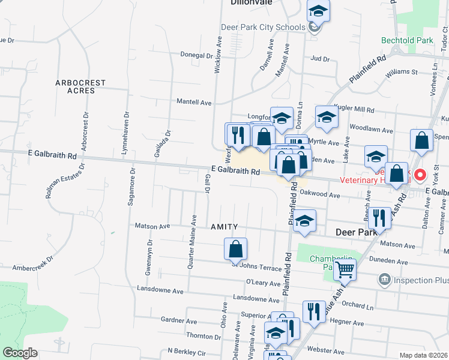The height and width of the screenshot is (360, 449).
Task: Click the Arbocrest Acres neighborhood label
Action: [80, 86]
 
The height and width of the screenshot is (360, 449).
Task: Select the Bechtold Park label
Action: [407, 41]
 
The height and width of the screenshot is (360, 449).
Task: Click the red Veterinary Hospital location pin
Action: [420, 175]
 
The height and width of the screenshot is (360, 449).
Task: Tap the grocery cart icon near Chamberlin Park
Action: [345, 270]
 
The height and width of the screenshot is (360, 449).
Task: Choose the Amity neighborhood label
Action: [224, 227]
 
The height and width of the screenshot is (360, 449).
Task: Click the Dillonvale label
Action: [252, 2]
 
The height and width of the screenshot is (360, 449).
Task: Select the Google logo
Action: [20, 353]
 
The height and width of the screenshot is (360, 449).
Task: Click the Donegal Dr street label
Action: [197, 55]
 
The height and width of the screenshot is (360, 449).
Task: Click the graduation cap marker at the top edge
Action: [318, 10]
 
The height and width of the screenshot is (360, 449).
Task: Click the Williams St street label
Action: [402, 72]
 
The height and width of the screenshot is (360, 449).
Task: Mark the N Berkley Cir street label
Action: [187, 350]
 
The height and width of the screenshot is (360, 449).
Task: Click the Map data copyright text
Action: [424, 355]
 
